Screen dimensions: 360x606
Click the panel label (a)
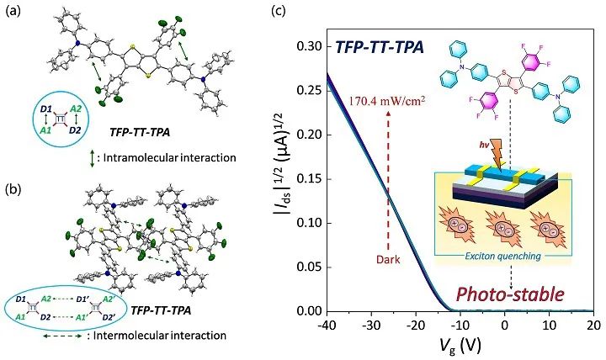(14, 14)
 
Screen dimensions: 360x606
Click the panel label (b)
(14, 179)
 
